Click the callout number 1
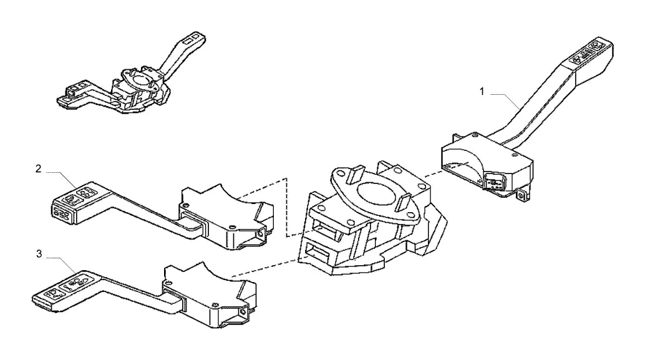tap(482, 91)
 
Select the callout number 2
tap(38, 168)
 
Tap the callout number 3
tap(39, 254)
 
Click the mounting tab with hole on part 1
tap(522, 196)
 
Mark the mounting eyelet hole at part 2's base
tap(260, 235)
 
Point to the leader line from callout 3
tap(62, 263)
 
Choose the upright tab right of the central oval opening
tap(404, 202)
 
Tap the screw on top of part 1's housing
tap(475, 134)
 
